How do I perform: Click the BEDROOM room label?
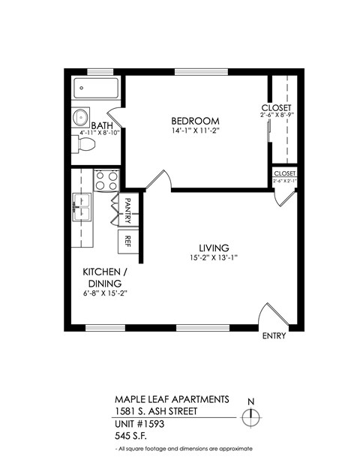195,121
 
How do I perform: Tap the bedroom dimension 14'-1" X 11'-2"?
195,131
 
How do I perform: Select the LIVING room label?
213,248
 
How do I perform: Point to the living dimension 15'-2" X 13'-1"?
213,259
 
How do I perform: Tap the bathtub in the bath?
97,92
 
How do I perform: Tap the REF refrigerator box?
127,241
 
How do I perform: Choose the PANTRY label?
127,209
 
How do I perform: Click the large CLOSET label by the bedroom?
277,107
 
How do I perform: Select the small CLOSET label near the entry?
284,173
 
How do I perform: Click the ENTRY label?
274,336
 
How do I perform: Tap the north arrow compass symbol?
253,416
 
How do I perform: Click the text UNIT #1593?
139,423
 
